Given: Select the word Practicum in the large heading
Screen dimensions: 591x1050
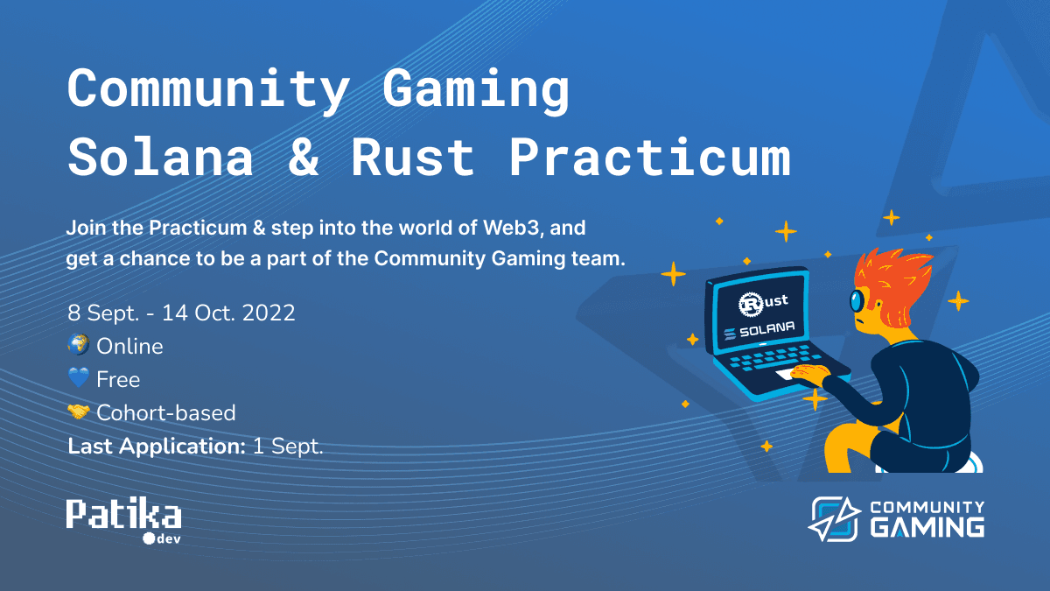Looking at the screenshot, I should tap(648, 158).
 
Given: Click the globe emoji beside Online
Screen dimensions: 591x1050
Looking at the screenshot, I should tap(79, 345).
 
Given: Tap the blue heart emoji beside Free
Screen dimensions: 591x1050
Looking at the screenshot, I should tap(79, 378).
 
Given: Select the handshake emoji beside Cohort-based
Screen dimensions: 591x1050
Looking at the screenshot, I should tap(79, 412).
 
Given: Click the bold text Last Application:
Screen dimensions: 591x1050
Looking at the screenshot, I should tap(157, 446).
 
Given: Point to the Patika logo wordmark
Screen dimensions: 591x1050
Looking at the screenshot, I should tap(123, 514).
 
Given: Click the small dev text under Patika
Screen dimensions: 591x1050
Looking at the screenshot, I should tap(167, 538).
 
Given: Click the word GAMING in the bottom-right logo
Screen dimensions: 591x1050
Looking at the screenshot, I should tap(927, 528).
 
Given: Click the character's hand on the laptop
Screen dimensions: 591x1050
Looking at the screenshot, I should tap(810, 374).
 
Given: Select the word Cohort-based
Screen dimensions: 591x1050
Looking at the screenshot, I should tap(166, 412).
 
